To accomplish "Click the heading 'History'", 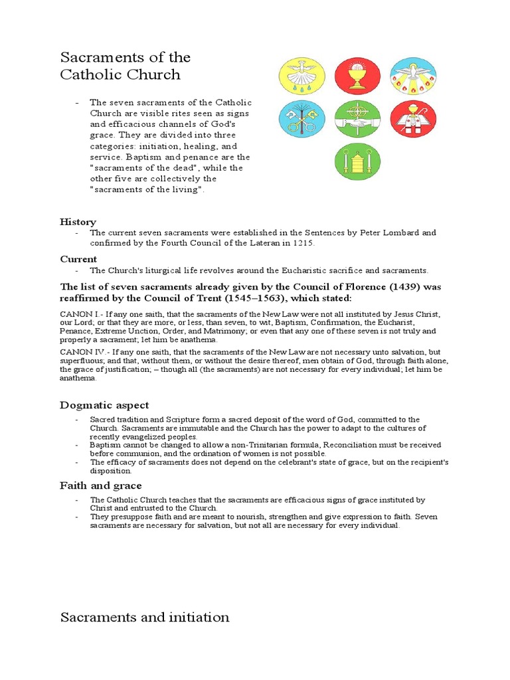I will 78,222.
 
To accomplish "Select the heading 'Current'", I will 78,259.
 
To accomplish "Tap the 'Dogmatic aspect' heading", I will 104,405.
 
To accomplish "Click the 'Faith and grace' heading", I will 100,485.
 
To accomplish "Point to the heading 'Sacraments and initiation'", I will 145,617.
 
